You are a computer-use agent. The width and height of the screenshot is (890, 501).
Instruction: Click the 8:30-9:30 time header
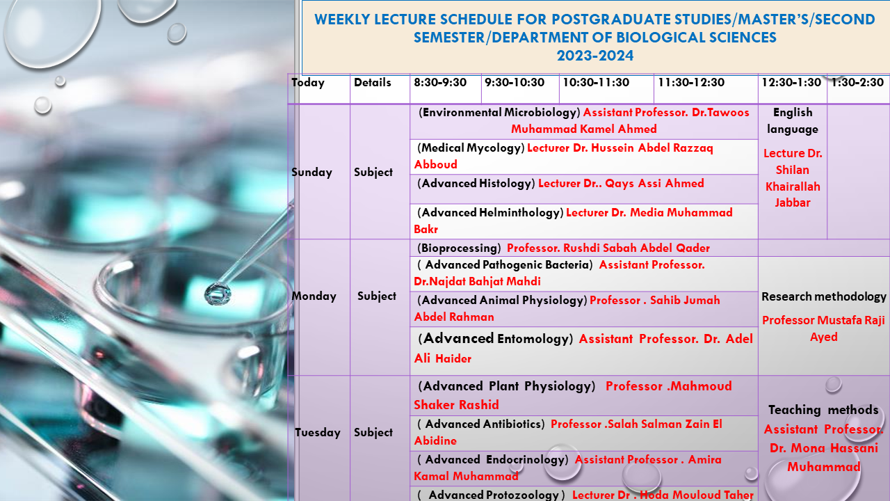(x=440, y=83)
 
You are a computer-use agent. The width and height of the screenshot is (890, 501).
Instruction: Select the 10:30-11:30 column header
(x=596, y=83)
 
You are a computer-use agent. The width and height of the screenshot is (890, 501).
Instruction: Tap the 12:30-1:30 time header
(x=791, y=83)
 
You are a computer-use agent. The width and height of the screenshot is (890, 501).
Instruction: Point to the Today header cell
(x=308, y=83)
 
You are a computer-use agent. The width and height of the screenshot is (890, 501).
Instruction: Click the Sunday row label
(x=311, y=172)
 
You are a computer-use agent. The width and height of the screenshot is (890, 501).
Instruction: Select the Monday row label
(x=314, y=296)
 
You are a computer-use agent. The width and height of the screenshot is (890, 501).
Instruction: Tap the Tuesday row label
(x=317, y=432)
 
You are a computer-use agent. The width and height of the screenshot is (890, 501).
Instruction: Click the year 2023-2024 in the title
(x=595, y=56)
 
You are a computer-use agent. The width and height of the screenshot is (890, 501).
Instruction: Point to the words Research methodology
(x=824, y=296)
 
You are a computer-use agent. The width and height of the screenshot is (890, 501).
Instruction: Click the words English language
(x=793, y=120)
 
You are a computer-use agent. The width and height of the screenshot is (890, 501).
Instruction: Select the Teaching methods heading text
(x=823, y=410)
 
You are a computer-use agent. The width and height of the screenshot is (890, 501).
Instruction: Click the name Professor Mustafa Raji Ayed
(x=823, y=328)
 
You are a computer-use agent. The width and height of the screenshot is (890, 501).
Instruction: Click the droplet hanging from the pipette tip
(x=217, y=294)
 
